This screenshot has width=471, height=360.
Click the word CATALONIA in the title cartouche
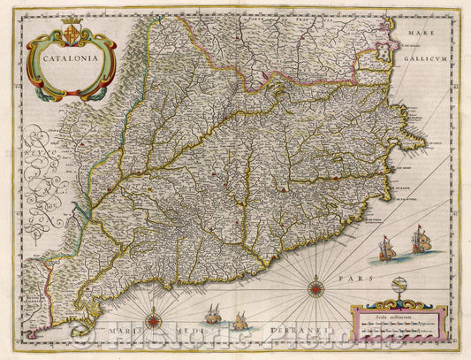point(70,62)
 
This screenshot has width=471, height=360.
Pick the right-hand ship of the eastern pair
point(419,239)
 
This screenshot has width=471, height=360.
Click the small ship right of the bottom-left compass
point(213,313)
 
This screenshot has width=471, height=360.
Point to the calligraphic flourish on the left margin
point(42,168)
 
